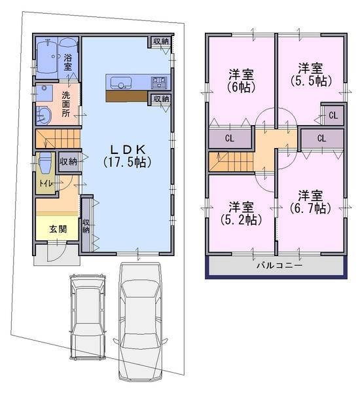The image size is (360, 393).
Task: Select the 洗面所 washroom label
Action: pyautogui.click(x=66, y=104)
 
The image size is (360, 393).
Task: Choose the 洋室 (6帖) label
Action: pyautogui.click(x=242, y=80)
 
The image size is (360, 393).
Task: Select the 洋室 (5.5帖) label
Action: pyautogui.click(x=310, y=74)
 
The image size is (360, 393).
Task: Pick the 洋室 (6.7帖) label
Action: pyautogui.click(x=310, y=202)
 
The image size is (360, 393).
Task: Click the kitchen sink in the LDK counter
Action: pyautogui.click(x=120, y=83)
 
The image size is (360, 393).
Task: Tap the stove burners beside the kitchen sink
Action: pyautogui.click(x=158, y=83)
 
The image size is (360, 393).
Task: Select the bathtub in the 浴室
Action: pyautogui.click(x=46, y=56)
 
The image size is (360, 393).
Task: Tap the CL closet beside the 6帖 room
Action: pyautogui.click(x=229, y=138)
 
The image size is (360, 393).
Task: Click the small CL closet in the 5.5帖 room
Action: pyautogui.click(x=332, y=115)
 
